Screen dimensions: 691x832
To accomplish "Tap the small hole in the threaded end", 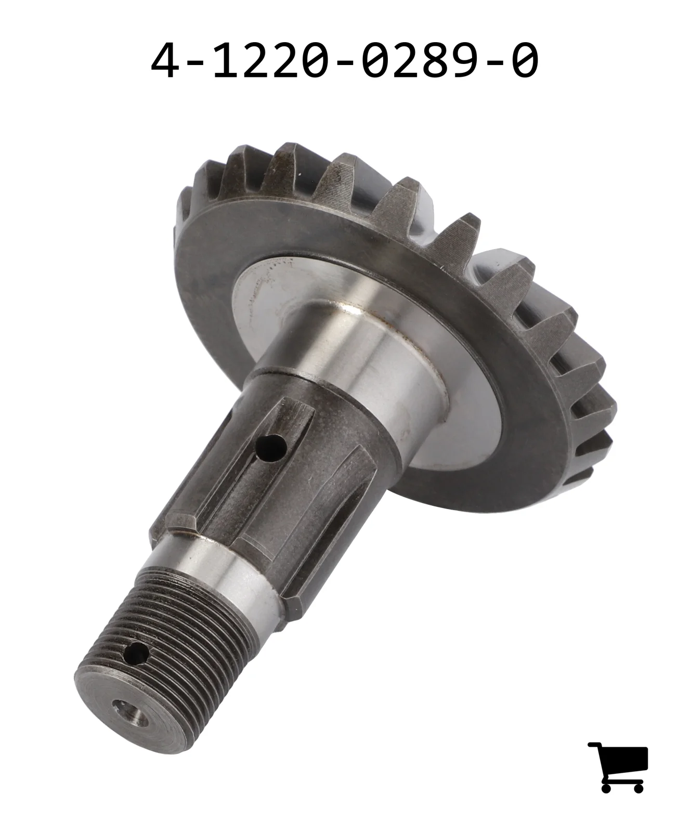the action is click(137, 654).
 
